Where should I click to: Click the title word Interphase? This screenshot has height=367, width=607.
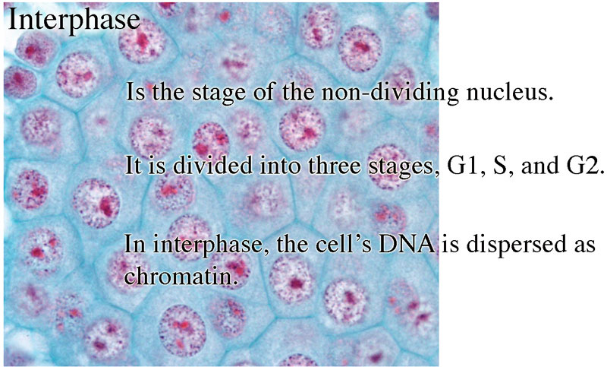[x=74, y=21]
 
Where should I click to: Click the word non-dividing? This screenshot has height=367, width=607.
[x=390, y=93]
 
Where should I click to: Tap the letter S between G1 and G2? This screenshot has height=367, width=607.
[x=500, y=166]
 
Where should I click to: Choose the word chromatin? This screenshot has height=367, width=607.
[x=181, y=276]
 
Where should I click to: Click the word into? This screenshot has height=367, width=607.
[x=280, y=166]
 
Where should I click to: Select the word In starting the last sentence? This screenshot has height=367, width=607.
[x=134, y=244]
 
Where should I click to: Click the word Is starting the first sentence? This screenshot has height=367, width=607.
[x=136, y=92]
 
